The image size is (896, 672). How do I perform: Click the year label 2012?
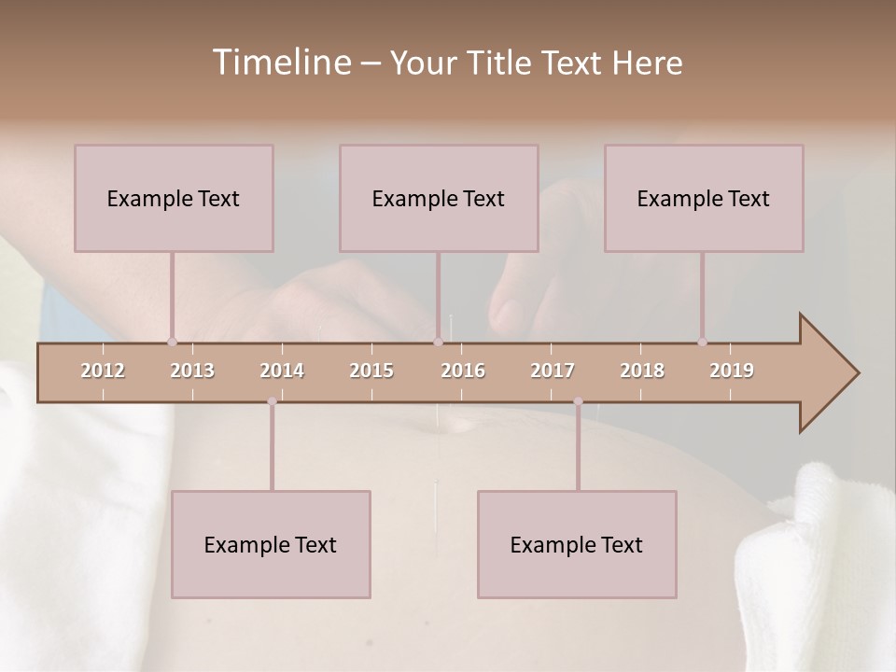[103, 371]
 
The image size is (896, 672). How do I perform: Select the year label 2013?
[192, 371]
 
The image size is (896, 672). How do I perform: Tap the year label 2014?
[282, 371]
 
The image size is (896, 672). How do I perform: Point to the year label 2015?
[371, 371]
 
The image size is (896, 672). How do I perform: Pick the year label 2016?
[463, 371]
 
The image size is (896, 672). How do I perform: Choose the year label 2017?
[553, 371]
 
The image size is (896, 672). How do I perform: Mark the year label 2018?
[642, 371]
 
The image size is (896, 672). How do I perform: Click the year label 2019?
[732, 371]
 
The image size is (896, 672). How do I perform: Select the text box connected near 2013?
[174, 198]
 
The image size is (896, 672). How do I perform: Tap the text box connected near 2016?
[439, 198]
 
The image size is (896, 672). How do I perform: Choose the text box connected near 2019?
[704, 198]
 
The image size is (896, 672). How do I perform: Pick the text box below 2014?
[271, 544]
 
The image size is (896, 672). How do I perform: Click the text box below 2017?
[577, 544]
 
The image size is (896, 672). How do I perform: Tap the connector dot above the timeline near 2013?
[172, 342]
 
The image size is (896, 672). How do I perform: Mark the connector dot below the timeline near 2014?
[272, 401]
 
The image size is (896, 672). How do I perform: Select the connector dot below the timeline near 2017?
[578, 401]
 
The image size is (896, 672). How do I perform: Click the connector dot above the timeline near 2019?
[702, 342]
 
